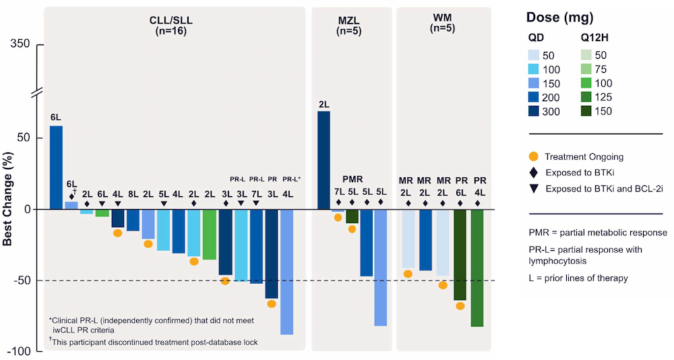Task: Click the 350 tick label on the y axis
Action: [x=20, y=44]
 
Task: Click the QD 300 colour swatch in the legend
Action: [x=539, y=111]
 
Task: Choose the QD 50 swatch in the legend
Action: [x=539, y=55]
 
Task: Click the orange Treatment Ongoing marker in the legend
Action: [x=534, y=156]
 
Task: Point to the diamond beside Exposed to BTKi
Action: [x=534, y=173]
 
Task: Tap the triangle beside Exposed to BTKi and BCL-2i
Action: [x=534, y=189]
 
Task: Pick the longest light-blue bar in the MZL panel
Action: [x=381, y=267]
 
